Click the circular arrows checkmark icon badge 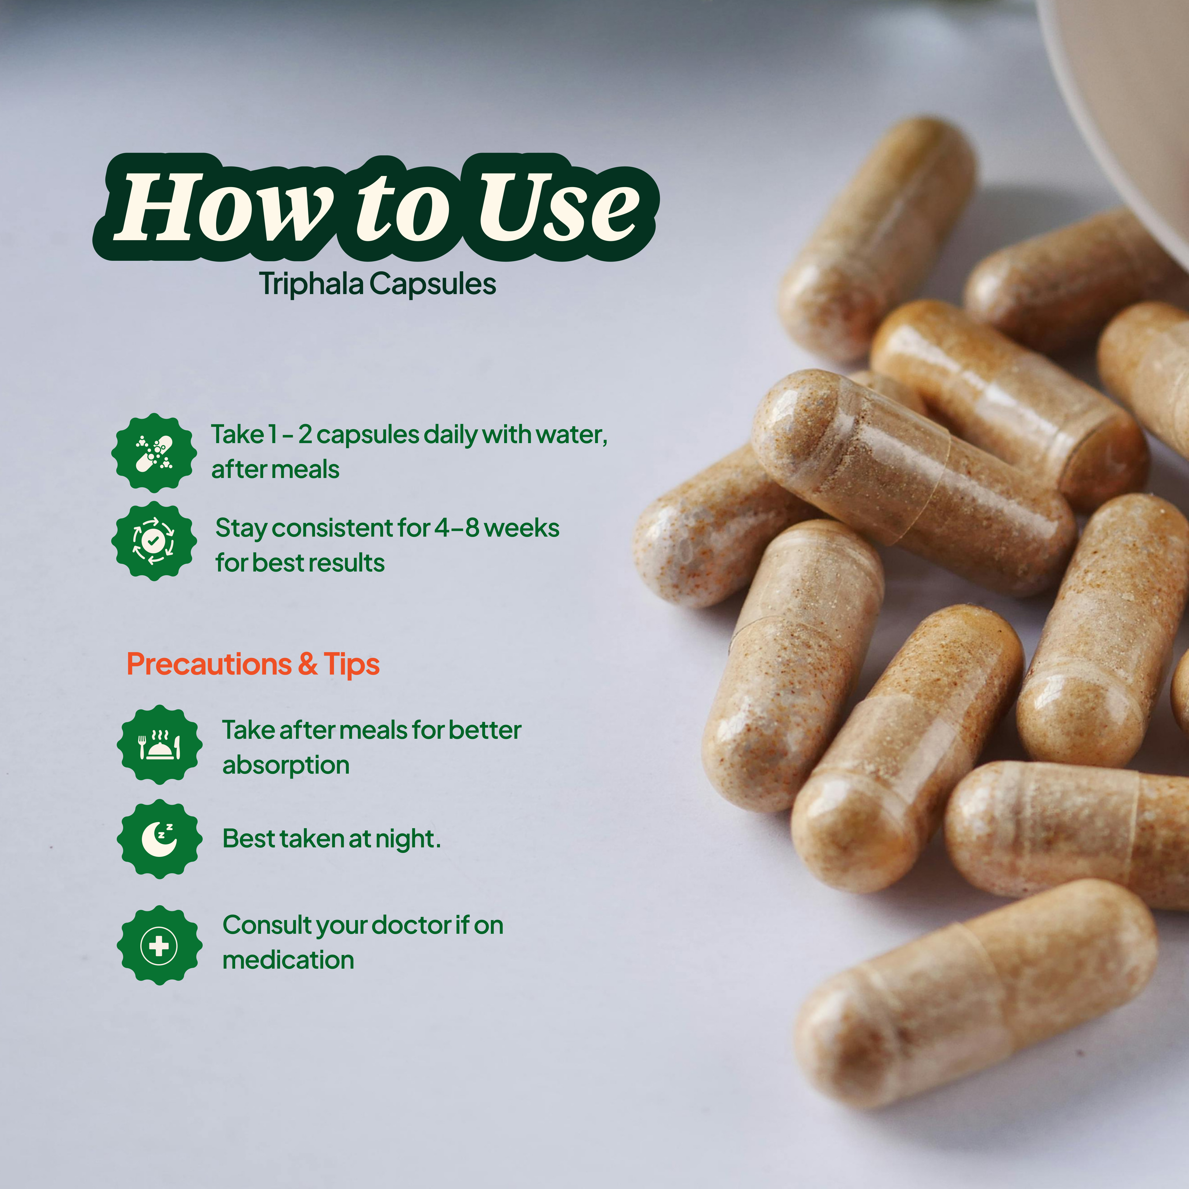point(154,541)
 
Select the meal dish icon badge point(159,745)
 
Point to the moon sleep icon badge point(159,838)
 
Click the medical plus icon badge point(159,945)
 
